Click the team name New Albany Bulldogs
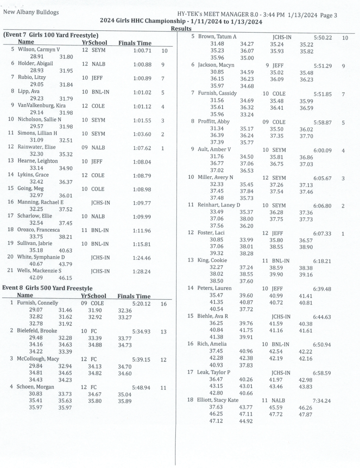click(31, 12)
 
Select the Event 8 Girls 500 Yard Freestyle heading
click(47, 288)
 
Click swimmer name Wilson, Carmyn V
click(39, 49)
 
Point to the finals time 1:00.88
click(142, 64)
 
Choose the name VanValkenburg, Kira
click(42, 105)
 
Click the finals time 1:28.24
click(142, 271)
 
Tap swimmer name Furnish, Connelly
click(37, 303)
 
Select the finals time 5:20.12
click(141, 304)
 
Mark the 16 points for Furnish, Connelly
click(164, 304)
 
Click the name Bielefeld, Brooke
click(37, 331)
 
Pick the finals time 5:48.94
click(141, 387)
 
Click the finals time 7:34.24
click(322, 401)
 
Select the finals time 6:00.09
click(323, 150)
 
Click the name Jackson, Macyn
click(216, 65)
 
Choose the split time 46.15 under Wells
click(66, 278)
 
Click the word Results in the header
click(181, 29)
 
